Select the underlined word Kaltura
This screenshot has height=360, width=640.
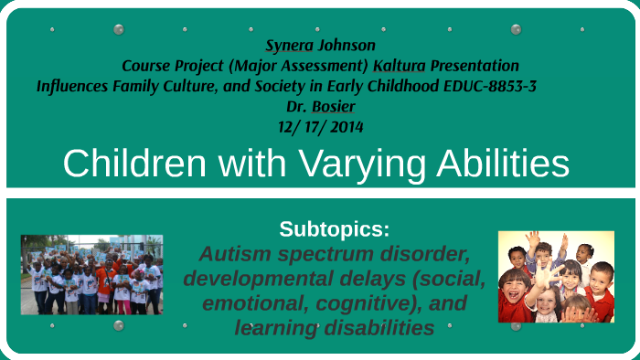[400, 66]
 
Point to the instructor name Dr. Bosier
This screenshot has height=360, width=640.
[320, 106]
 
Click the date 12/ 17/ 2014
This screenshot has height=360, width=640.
[320, 126]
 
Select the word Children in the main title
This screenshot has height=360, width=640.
[134, 164]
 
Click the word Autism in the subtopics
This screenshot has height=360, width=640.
[241, 253]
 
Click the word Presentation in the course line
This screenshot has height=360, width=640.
[475, 66]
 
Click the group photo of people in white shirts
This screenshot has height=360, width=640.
[91, 273]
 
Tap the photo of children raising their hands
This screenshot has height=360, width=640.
[555, 276]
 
